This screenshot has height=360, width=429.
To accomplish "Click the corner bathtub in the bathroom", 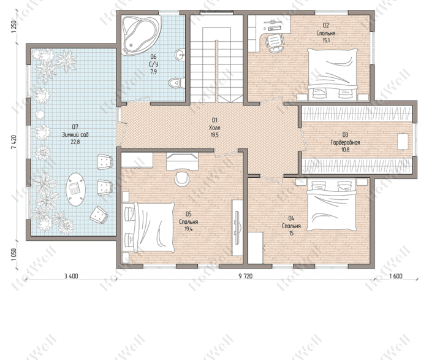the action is click(140, 34).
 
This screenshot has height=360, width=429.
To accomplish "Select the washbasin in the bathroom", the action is click(180, 55).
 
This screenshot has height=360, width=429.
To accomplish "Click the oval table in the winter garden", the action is click(75, 189).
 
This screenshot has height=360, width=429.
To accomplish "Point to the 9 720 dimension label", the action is click(245, 276).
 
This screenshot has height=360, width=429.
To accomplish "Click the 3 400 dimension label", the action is click(71, 276).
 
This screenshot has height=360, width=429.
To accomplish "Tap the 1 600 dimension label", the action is click(396, 276).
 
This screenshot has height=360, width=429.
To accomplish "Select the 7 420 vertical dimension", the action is click(13, 142).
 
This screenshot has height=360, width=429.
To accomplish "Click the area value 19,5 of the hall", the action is click(214, 135).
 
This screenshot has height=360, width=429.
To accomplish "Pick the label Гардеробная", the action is click(345, 142).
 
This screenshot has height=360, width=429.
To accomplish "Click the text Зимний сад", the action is click(75, 135).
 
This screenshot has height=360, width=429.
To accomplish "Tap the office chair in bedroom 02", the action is click(275, 42).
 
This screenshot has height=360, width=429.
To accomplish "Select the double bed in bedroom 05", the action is click(150, 228).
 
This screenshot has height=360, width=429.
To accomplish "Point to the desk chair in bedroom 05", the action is click(182, 178).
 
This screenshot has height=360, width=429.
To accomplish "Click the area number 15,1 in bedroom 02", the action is click(325, 40).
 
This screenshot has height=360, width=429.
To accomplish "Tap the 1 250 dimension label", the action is click(13, 27).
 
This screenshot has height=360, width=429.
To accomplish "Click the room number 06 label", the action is click(153, 56).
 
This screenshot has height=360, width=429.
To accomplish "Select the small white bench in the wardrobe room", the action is click(403, 141).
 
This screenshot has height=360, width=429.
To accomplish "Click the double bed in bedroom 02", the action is click(332, 74).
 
